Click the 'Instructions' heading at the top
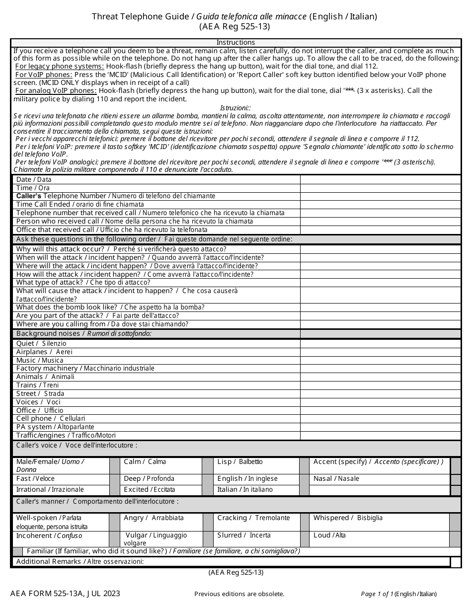pyautogui.click(x=236, y=42)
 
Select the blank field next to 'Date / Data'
pyautogui.click(x=381, y=179)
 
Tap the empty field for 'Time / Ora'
pyautogui.click(x=381, y=188)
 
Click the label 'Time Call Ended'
pyautogui.click(x=44, y=204)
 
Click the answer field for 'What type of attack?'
pyautogui.click(x=381, y=282)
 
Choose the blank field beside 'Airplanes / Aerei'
pyautogui.click(x=381, y=352)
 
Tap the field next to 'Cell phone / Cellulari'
pyautogui.click(x=381, y=418)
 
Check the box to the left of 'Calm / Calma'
pyautogui.click(x=115, y=465)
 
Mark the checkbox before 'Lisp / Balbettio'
pyautogui.click(x=207, y=465)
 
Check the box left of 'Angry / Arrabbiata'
pyautogui.click(x=115, y=522)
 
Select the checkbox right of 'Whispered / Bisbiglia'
pyautogui.click(x=455, y=522)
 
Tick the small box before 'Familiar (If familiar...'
pyautogui.click(x=17, y=551)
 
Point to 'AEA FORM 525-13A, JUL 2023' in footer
pyautogui.click(x=65, y=594)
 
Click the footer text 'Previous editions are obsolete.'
pyautogui.click(x=239, y=594)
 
